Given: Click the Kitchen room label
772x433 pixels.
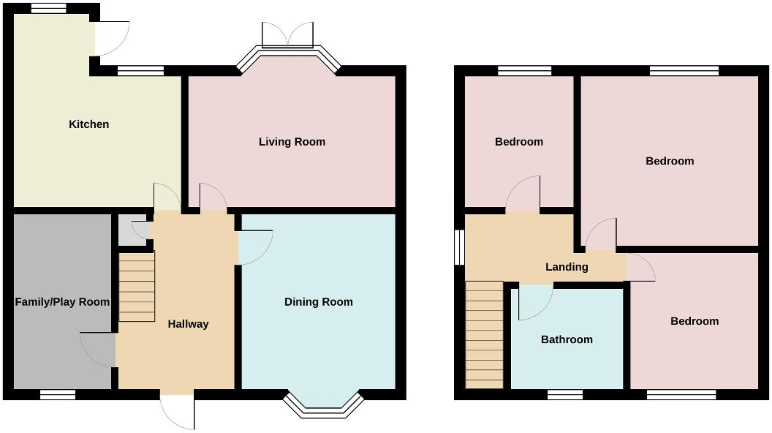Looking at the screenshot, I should pos(88,124).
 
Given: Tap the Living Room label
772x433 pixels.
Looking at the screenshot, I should pos(292,142).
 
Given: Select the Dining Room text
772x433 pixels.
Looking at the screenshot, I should pos(318,302).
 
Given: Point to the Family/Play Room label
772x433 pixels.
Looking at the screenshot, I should pos(62,302).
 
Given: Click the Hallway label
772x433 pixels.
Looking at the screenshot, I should pos(188,324).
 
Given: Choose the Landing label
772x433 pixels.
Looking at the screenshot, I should pos(567,267).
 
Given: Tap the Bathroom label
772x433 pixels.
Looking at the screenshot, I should pos(567,339).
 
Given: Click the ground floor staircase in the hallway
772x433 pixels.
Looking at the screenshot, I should pos(137,286).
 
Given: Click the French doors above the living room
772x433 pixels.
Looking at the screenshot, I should pos(289,35).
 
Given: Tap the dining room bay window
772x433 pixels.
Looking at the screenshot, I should pos(323,406).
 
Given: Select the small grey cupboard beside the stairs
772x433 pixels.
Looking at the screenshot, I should pos(132,230).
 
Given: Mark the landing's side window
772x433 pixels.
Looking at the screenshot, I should pos(460,248).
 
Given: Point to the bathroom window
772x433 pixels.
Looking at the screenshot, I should pos(565,395).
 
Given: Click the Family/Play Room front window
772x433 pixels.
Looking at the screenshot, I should pos(58,395).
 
